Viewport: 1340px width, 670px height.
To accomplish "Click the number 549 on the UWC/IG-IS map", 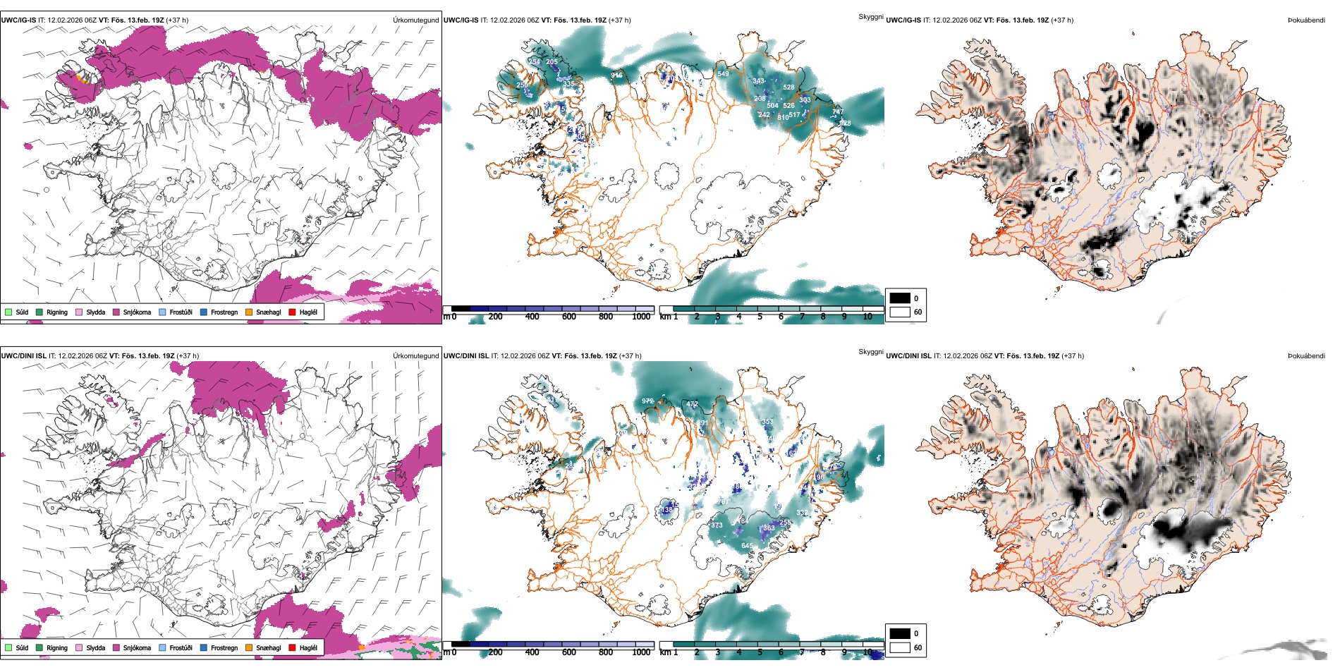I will (x=723, y=73).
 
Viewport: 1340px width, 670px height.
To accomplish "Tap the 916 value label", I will (x=616, y=75).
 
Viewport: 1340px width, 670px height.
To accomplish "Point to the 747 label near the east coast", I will (x=837, y=111).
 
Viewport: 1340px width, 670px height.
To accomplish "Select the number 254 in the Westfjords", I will (x=534, y=61).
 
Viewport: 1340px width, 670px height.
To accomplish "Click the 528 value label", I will (x=788, y=87).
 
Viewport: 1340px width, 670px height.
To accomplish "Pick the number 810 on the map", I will (x=783, y=117).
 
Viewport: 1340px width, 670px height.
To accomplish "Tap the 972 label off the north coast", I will (x=647, y=401).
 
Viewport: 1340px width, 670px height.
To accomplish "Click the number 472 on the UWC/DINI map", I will (x=693, y=404).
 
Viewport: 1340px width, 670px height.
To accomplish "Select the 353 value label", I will (x=767, y=422).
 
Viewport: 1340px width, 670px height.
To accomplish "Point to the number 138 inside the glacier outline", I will (x=666, y=509).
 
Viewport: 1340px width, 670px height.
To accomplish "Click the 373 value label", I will (x=717, y=525).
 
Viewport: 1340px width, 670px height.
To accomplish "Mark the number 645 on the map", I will (x=747, y=545).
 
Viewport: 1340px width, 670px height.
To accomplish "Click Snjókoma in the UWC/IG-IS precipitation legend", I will (x=137, y=312).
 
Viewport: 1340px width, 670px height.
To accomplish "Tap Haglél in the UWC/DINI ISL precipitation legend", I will (x=308, y=647).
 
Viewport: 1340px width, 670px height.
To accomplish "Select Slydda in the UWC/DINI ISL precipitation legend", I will (x=95, y=647).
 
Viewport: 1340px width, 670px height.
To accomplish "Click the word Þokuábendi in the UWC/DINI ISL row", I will (x=1306, y=355).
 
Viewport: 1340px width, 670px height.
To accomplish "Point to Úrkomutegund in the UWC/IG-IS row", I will (x=415, y=20).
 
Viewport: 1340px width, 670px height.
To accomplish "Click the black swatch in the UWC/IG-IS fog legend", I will (x=900, y=298).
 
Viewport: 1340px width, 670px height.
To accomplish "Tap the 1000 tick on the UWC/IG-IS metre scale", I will (x=641, y=317).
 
